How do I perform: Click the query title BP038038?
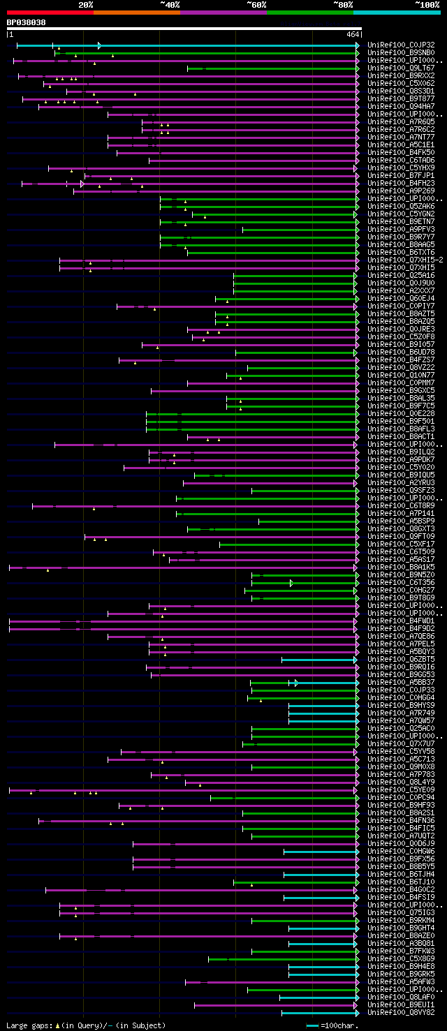tap(27, 22)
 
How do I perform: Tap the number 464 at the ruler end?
tap(352, 34)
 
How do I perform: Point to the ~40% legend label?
tap(170, 4)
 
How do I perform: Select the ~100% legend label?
tap(427, 4)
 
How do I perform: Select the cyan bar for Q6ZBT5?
tap(318, 660)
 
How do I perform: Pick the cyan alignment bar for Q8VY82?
tap(318, 1013)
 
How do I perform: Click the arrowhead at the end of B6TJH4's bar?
tap(357, 875)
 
